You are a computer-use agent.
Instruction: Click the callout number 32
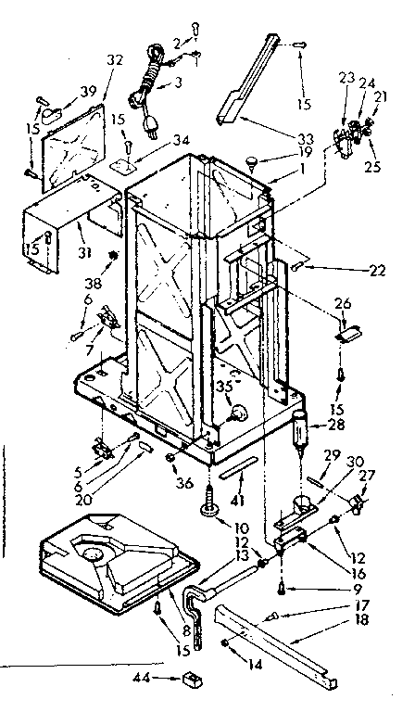coord(114,59)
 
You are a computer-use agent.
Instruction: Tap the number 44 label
coord(166,680)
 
